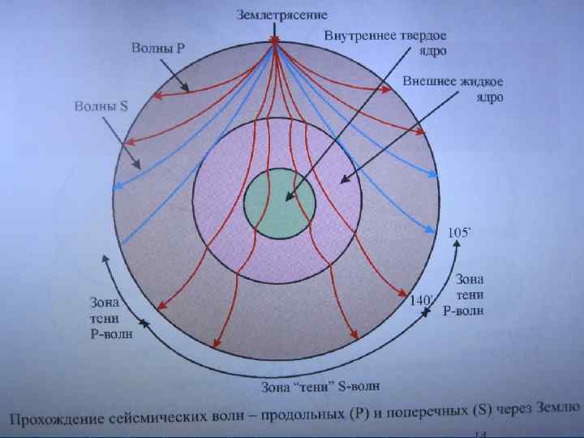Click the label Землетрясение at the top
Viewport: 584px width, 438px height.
click(x=281, y=15)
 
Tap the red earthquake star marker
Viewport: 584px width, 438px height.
click(x=276, y=41)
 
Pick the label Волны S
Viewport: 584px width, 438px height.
click(x=101, y=105)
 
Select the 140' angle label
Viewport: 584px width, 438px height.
click(x=423, y=300)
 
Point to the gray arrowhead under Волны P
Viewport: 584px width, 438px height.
click(x=186, y=88)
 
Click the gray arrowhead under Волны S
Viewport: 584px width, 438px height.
click(x=138, y=165)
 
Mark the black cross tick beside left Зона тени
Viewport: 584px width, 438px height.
click(x=144, y=324)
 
